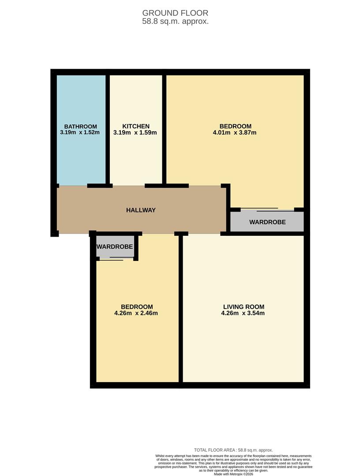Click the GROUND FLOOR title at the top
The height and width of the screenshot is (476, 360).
pos(175,13)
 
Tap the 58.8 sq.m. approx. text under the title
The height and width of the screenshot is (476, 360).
pos(175,21)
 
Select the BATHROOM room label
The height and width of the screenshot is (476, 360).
pos(80,126)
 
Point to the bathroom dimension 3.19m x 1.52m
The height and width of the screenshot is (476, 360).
pos(80,132)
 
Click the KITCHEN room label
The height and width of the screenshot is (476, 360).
pos(136,126)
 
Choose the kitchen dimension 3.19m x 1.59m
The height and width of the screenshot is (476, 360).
pos(136,132)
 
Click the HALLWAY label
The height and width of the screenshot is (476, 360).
pos(141,210)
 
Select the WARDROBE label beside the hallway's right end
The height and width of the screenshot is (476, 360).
pos(267,222)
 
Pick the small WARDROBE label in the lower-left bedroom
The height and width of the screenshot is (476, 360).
pos(115,247)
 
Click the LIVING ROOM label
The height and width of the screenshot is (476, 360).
pos(244,307)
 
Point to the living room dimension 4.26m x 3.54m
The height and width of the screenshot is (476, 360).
pos(244,313)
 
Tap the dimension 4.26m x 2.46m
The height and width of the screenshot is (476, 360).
pos(137,313)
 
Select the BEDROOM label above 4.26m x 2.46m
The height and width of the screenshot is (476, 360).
pos(137,307)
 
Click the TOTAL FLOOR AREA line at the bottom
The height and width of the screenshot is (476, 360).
pos(233,450)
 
